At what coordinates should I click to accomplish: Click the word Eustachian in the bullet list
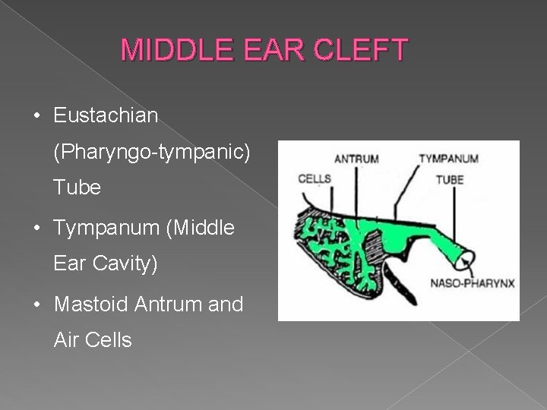click(x=106, y=116)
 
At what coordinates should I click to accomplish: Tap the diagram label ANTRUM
click(x=356, y=159)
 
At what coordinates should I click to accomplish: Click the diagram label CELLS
click(x=315, y=179)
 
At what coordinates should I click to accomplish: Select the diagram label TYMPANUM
click(x=448, y=159)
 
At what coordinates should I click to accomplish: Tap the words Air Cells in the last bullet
click(x=93, y=341)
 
